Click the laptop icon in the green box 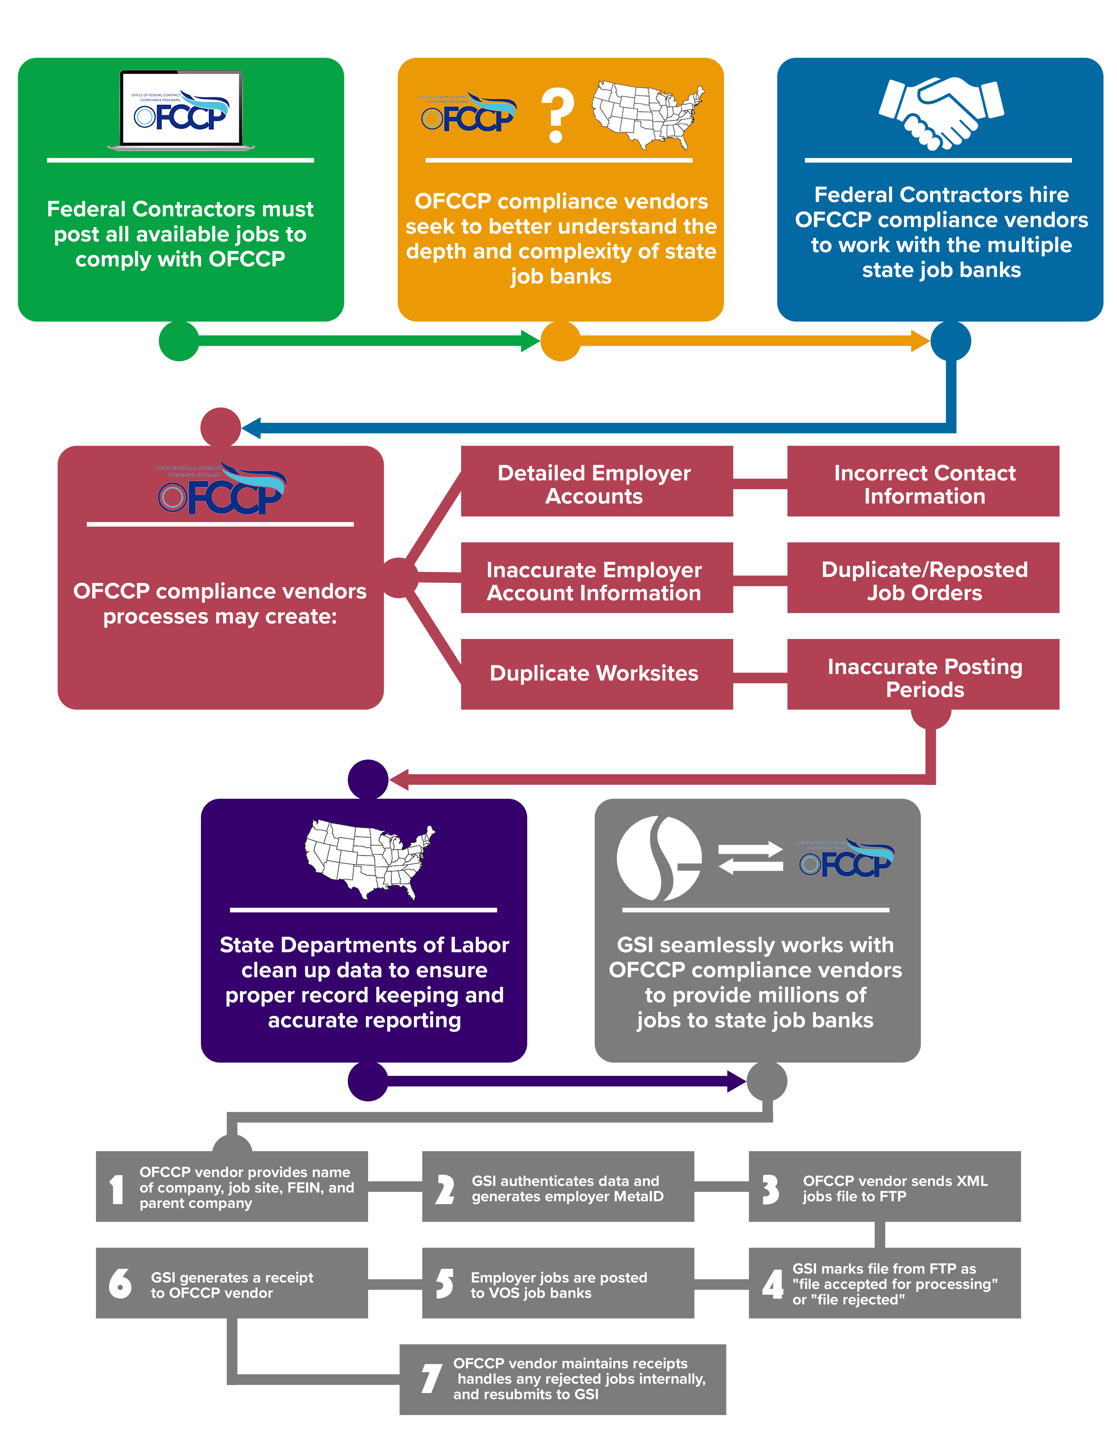(181, 110)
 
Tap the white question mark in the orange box (557, 116)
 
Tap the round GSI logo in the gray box (658, 858)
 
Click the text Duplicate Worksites (594, 673)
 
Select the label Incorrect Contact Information (924, 484)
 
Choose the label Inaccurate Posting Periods (924, 678)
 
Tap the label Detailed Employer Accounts (594, 484)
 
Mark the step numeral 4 (772, 1284)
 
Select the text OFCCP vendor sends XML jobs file (895, 1188)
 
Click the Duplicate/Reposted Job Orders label (924, 581)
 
